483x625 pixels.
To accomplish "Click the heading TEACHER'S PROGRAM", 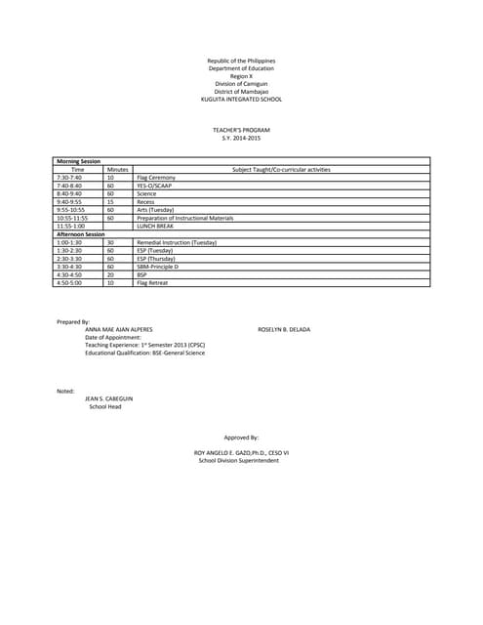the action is (241, 129).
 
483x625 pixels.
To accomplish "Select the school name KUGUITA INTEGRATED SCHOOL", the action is (241, 100).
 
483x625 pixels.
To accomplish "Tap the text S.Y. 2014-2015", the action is (241, 137).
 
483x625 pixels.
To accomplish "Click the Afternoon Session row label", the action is (80, 234).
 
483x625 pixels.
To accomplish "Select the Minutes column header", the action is (118, 170).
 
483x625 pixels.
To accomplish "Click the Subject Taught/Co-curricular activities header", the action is (281, 170).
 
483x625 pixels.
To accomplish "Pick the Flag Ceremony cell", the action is (154, 178).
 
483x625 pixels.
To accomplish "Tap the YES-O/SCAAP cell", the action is (153, 186).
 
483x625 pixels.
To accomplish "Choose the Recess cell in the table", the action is (145, 201).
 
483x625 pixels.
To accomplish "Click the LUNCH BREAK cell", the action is (156, 226).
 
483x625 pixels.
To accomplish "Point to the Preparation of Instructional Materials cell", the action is (185, 218).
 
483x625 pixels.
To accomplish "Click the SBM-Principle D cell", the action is (157, 266).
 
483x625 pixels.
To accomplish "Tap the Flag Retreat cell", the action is (152, 282).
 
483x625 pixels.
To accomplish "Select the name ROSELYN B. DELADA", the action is (284, 329).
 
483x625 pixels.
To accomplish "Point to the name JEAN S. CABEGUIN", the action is (107, 399).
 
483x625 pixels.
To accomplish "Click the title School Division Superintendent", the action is (239, 461).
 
